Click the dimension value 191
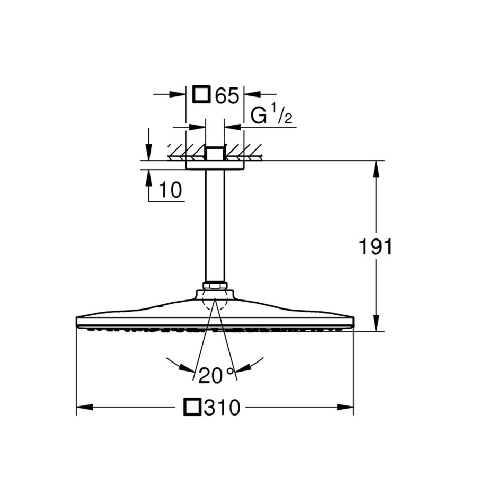[376, 246]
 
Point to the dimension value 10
[170, 189]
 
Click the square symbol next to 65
[201, 95]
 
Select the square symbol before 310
[192, 408]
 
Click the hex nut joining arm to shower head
[215, 286]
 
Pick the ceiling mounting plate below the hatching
[215, 165]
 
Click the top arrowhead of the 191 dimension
[376, 169]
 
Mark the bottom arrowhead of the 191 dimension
[376, 323]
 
